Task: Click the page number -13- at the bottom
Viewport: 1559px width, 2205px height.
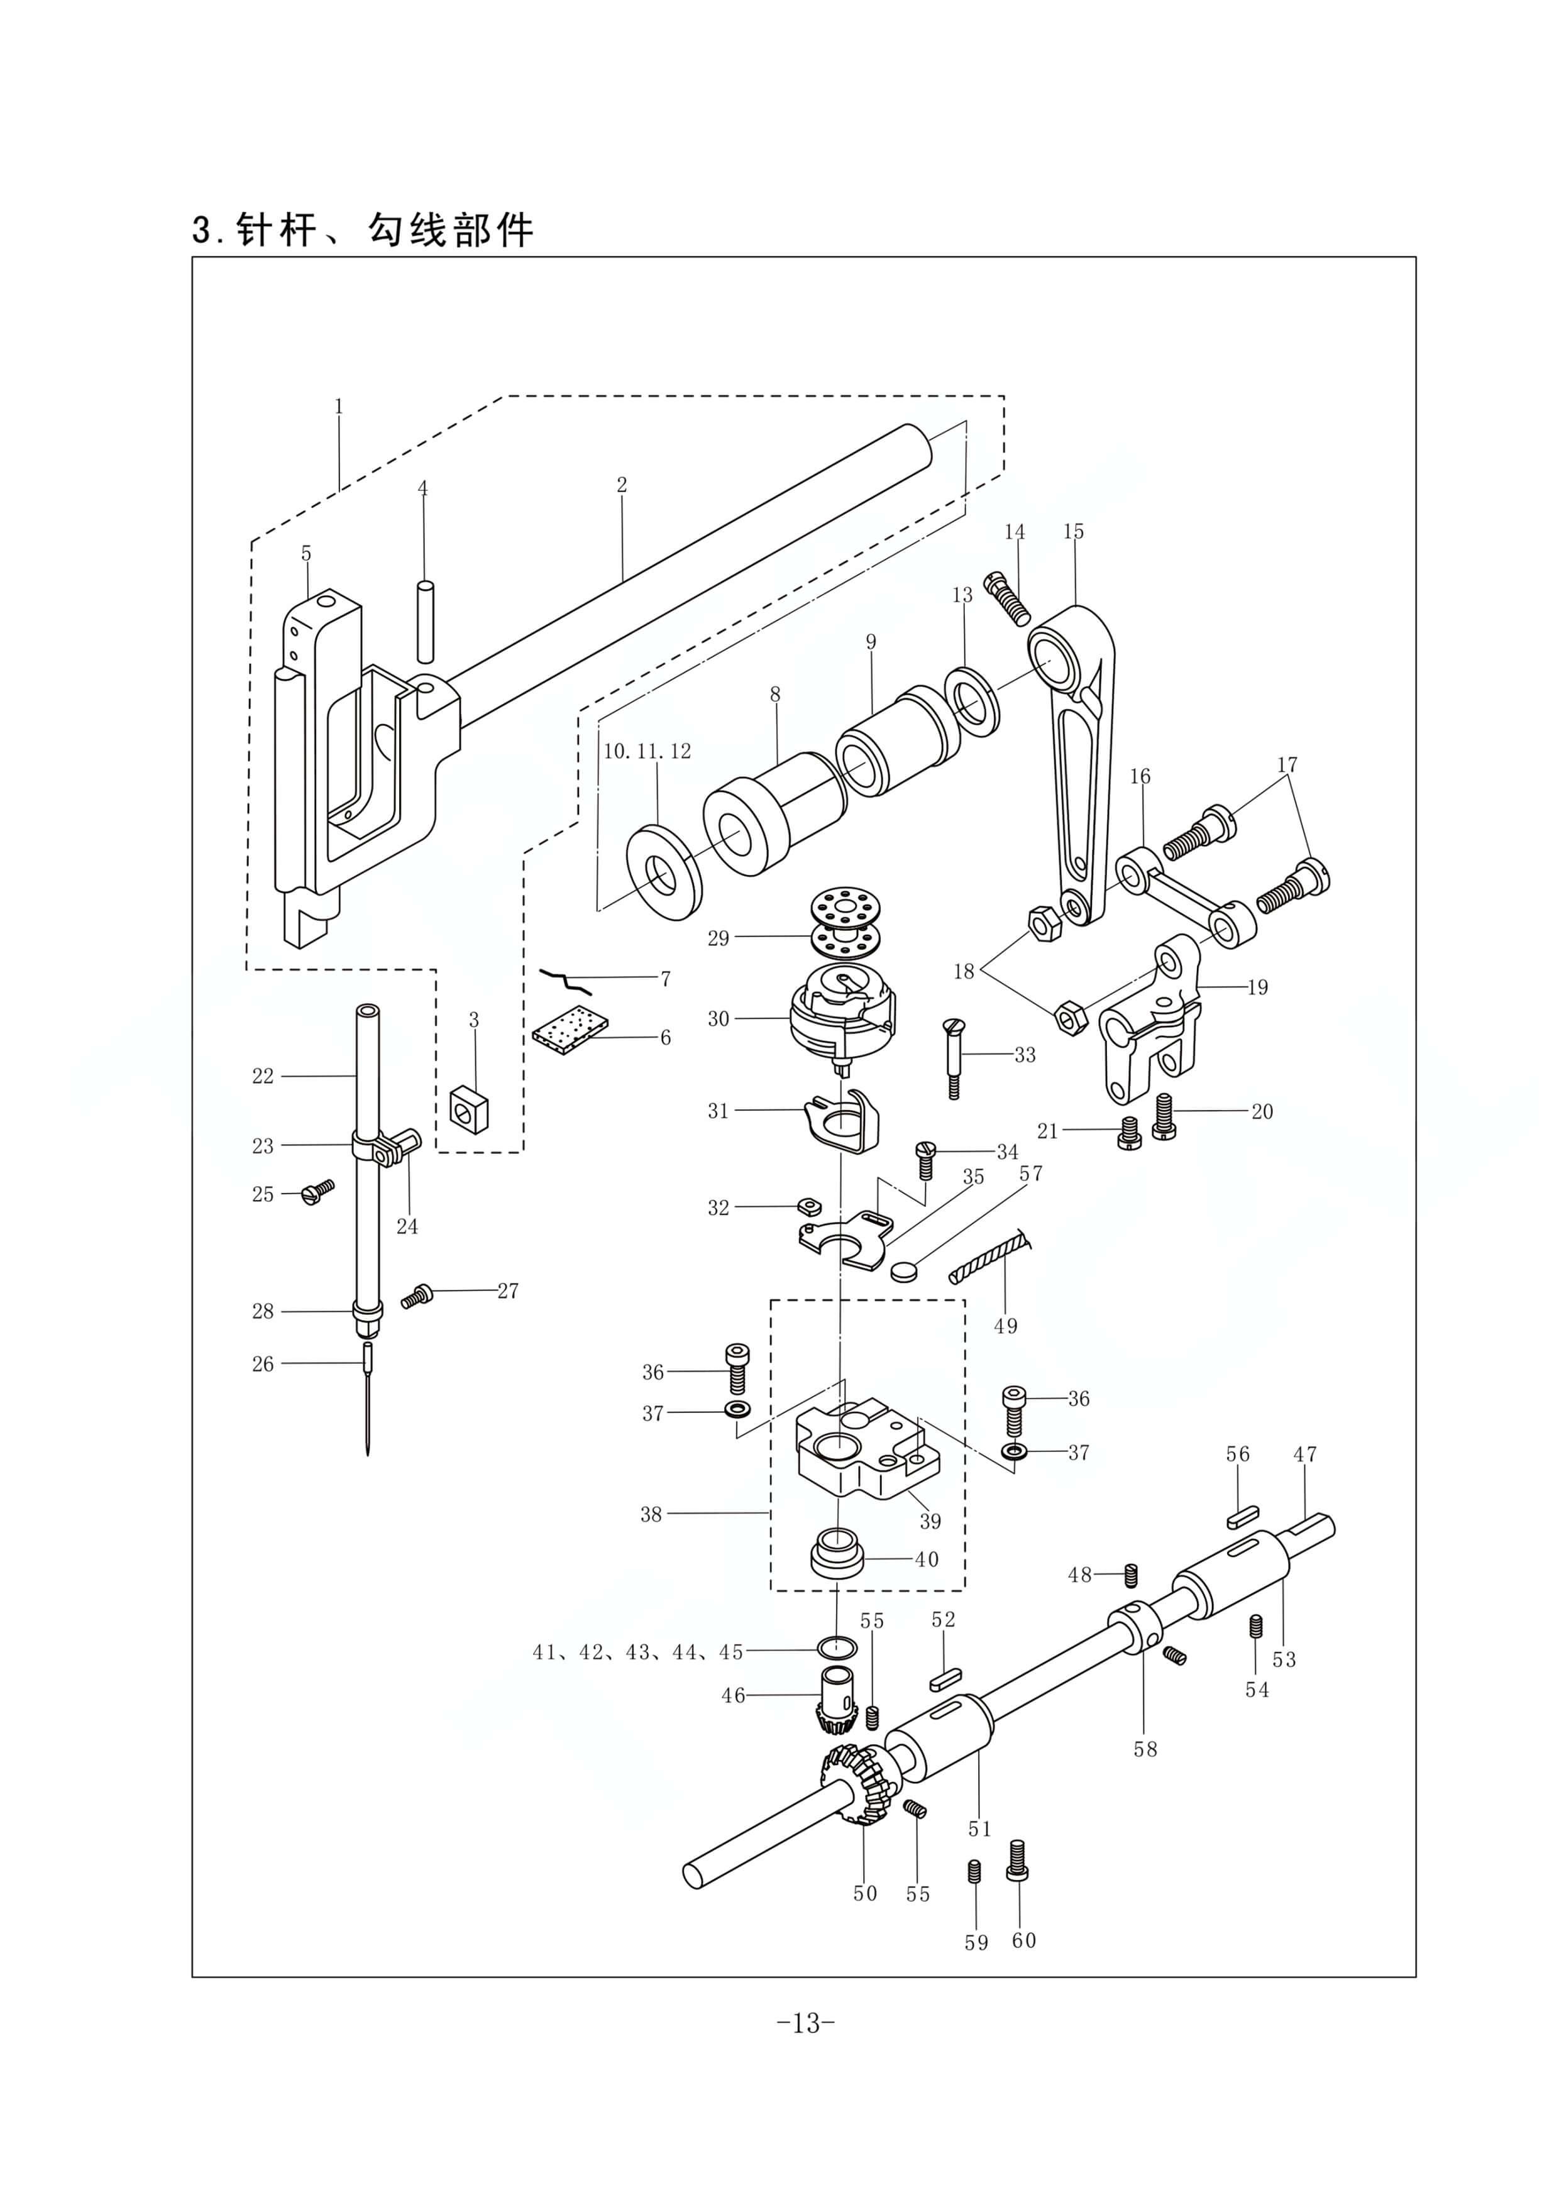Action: tap(805, 2023)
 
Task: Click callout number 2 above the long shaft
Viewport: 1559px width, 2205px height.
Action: tap(622, 485)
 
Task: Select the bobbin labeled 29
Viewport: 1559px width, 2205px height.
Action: tap(842, 923)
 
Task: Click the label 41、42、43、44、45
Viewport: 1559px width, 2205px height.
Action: tap(638, 1652)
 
